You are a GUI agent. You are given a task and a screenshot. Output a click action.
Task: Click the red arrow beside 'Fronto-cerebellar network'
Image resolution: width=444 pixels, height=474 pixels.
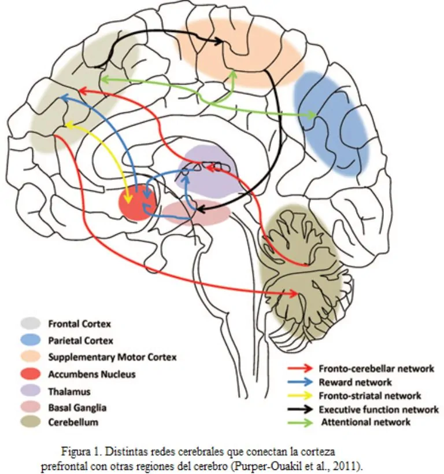pyautogui.click(x=301, y=369)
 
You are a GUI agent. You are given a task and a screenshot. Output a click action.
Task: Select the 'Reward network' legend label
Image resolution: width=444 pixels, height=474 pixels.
pyautogui.click(x=355, y=382)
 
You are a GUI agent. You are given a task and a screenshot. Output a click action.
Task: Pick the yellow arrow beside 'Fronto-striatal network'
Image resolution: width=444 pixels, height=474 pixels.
pyautogui.click(x=301, y=396)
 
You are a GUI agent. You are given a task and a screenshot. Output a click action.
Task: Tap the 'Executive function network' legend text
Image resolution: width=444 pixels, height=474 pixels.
pyautogui.click(x=379, y=410)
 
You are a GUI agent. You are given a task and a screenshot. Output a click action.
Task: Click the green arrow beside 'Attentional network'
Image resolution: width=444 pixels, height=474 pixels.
pyautogui.click(x=301, y=422)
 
